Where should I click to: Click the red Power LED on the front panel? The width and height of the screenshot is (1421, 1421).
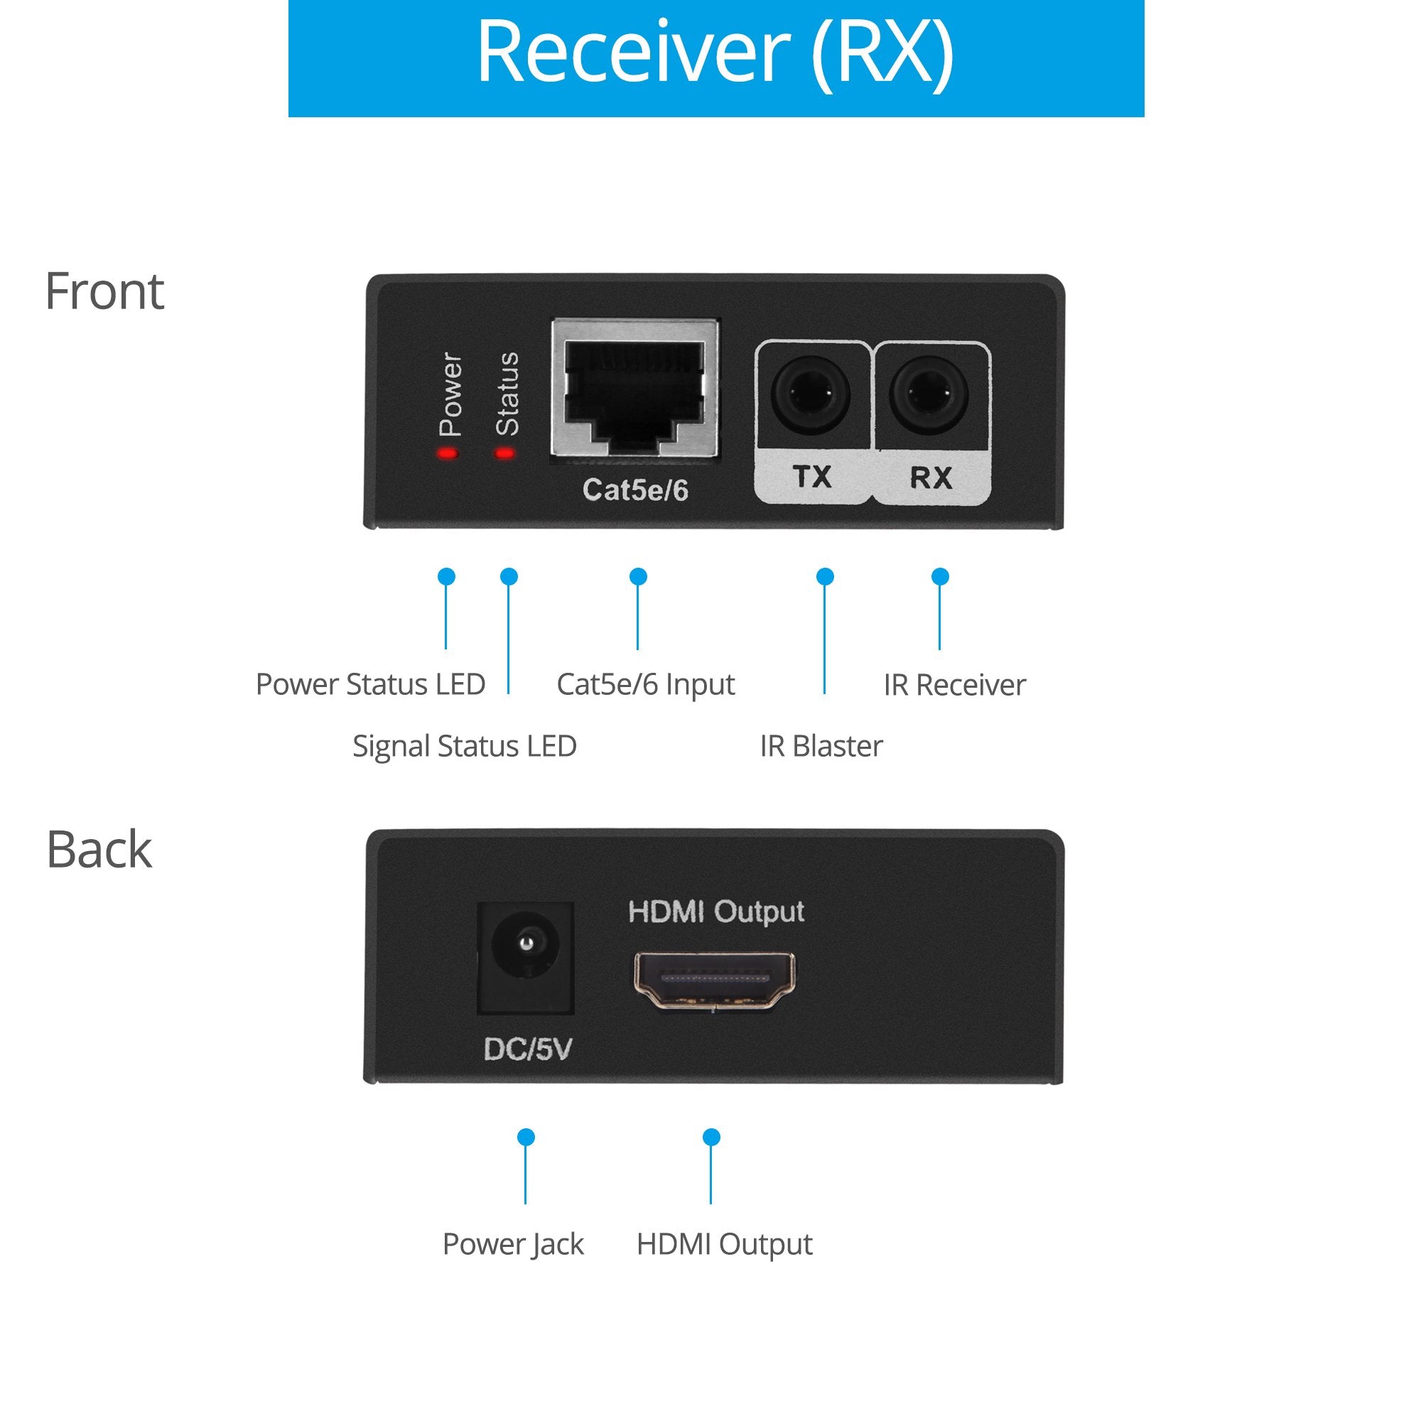(x=447, y=453)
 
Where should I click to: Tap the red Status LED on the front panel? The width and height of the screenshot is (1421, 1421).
(x=504, y=453)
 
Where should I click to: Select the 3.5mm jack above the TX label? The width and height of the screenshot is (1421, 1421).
(x=811, y=395)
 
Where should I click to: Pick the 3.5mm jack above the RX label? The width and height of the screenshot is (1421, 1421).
(x=928, y=395)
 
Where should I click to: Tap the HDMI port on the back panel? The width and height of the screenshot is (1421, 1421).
(x=714, y=980)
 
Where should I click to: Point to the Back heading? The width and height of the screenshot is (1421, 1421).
(x=99, y=850)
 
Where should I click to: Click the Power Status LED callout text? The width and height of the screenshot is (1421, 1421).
(x=370, y=684)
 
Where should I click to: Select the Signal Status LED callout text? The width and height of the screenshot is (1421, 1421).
(x=464, y=746)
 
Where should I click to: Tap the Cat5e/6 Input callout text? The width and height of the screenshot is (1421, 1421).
(x=645, y=685)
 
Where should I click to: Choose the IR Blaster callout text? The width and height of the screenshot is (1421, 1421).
(x=821, y=746)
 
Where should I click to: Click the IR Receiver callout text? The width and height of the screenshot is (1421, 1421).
(x=954, y=685)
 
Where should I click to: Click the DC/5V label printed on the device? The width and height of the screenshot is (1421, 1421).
(x=527, y=1049)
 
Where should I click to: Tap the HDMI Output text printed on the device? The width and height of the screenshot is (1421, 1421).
(x=715, y=912)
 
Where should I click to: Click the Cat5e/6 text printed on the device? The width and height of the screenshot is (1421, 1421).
(x=634, y=490)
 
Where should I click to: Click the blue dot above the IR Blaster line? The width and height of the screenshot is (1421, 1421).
(x=824, y=577)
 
